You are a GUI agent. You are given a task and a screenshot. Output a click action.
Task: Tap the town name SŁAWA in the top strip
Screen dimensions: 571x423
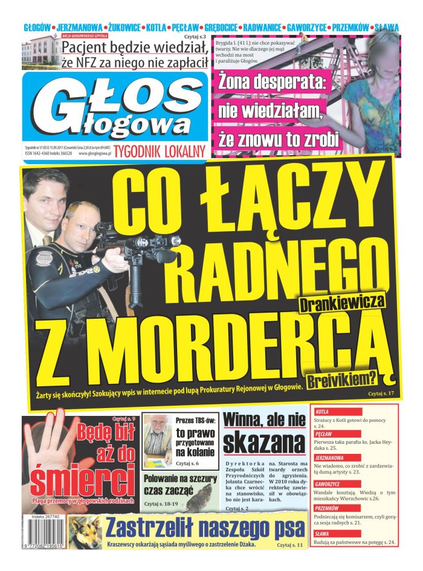click(x=387, y=27)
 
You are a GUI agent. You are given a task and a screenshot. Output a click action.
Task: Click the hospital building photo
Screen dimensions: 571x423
click(x=40, y=53)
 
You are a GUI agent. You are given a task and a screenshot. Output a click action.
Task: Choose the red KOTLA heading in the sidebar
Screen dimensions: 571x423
click(x=323, y=412)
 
